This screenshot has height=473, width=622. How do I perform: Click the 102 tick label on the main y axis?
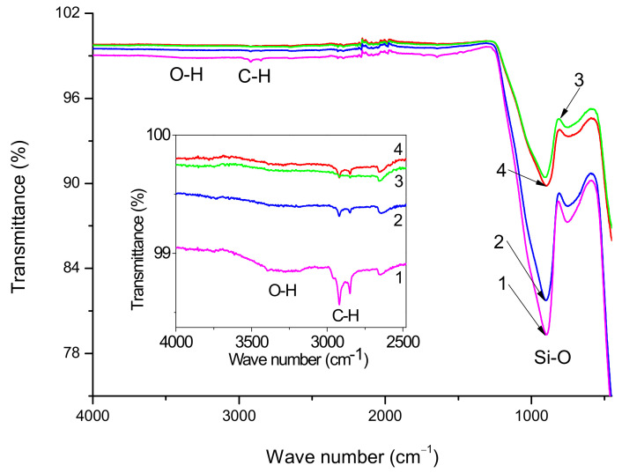pyautogui.click(x=68, y=14)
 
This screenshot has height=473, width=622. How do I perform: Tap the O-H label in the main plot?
pyautogui.click(x=186, y=76)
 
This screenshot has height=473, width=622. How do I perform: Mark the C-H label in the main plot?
pyautogui.click(x=255, y=77)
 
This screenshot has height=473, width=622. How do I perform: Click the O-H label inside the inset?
pyautogui.click(x=284, y=287)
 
